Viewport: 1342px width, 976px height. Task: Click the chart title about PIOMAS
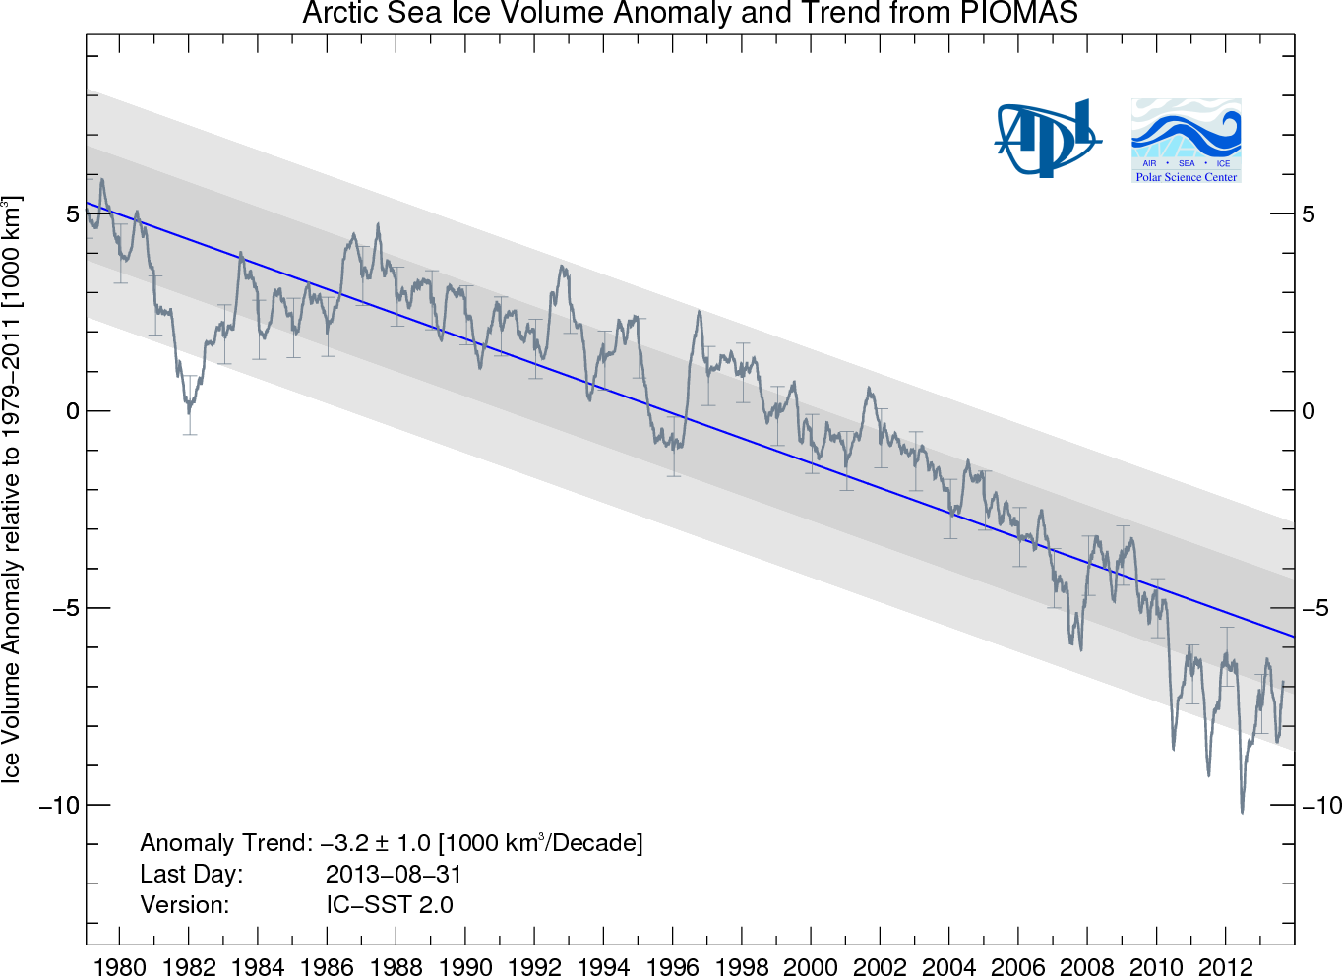690,14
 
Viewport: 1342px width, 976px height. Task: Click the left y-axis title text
12,489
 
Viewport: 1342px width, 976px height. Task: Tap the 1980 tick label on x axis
120,965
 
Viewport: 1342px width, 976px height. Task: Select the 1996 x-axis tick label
673,965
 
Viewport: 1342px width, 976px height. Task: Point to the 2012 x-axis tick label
1226,965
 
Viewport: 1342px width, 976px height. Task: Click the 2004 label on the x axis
949,965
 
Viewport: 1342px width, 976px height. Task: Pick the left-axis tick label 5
72,214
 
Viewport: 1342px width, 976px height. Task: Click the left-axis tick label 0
72,411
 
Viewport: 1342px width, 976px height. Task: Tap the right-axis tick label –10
1321,806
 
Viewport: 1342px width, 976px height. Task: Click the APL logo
1047,139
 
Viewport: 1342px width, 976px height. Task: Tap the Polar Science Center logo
1186,141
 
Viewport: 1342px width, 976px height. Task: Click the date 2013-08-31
394,874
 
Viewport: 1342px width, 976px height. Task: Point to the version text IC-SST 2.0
390,905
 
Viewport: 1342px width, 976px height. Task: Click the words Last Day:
191,874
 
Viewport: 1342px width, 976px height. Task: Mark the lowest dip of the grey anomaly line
1243,812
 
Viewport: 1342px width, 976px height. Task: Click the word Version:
184,905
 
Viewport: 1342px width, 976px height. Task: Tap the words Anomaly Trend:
226,843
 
